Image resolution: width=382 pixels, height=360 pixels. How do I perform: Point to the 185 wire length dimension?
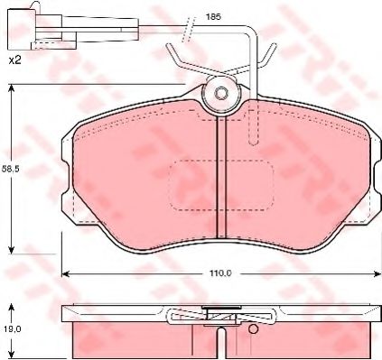pos(212,17)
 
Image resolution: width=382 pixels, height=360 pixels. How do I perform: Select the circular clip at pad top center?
pos(219,94)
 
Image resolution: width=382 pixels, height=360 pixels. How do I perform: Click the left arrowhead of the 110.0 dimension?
pos(65,272)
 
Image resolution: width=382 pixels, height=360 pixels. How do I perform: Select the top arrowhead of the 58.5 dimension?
pos(13,88)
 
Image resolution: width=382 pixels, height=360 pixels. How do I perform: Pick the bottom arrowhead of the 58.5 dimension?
pos(13,250)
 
